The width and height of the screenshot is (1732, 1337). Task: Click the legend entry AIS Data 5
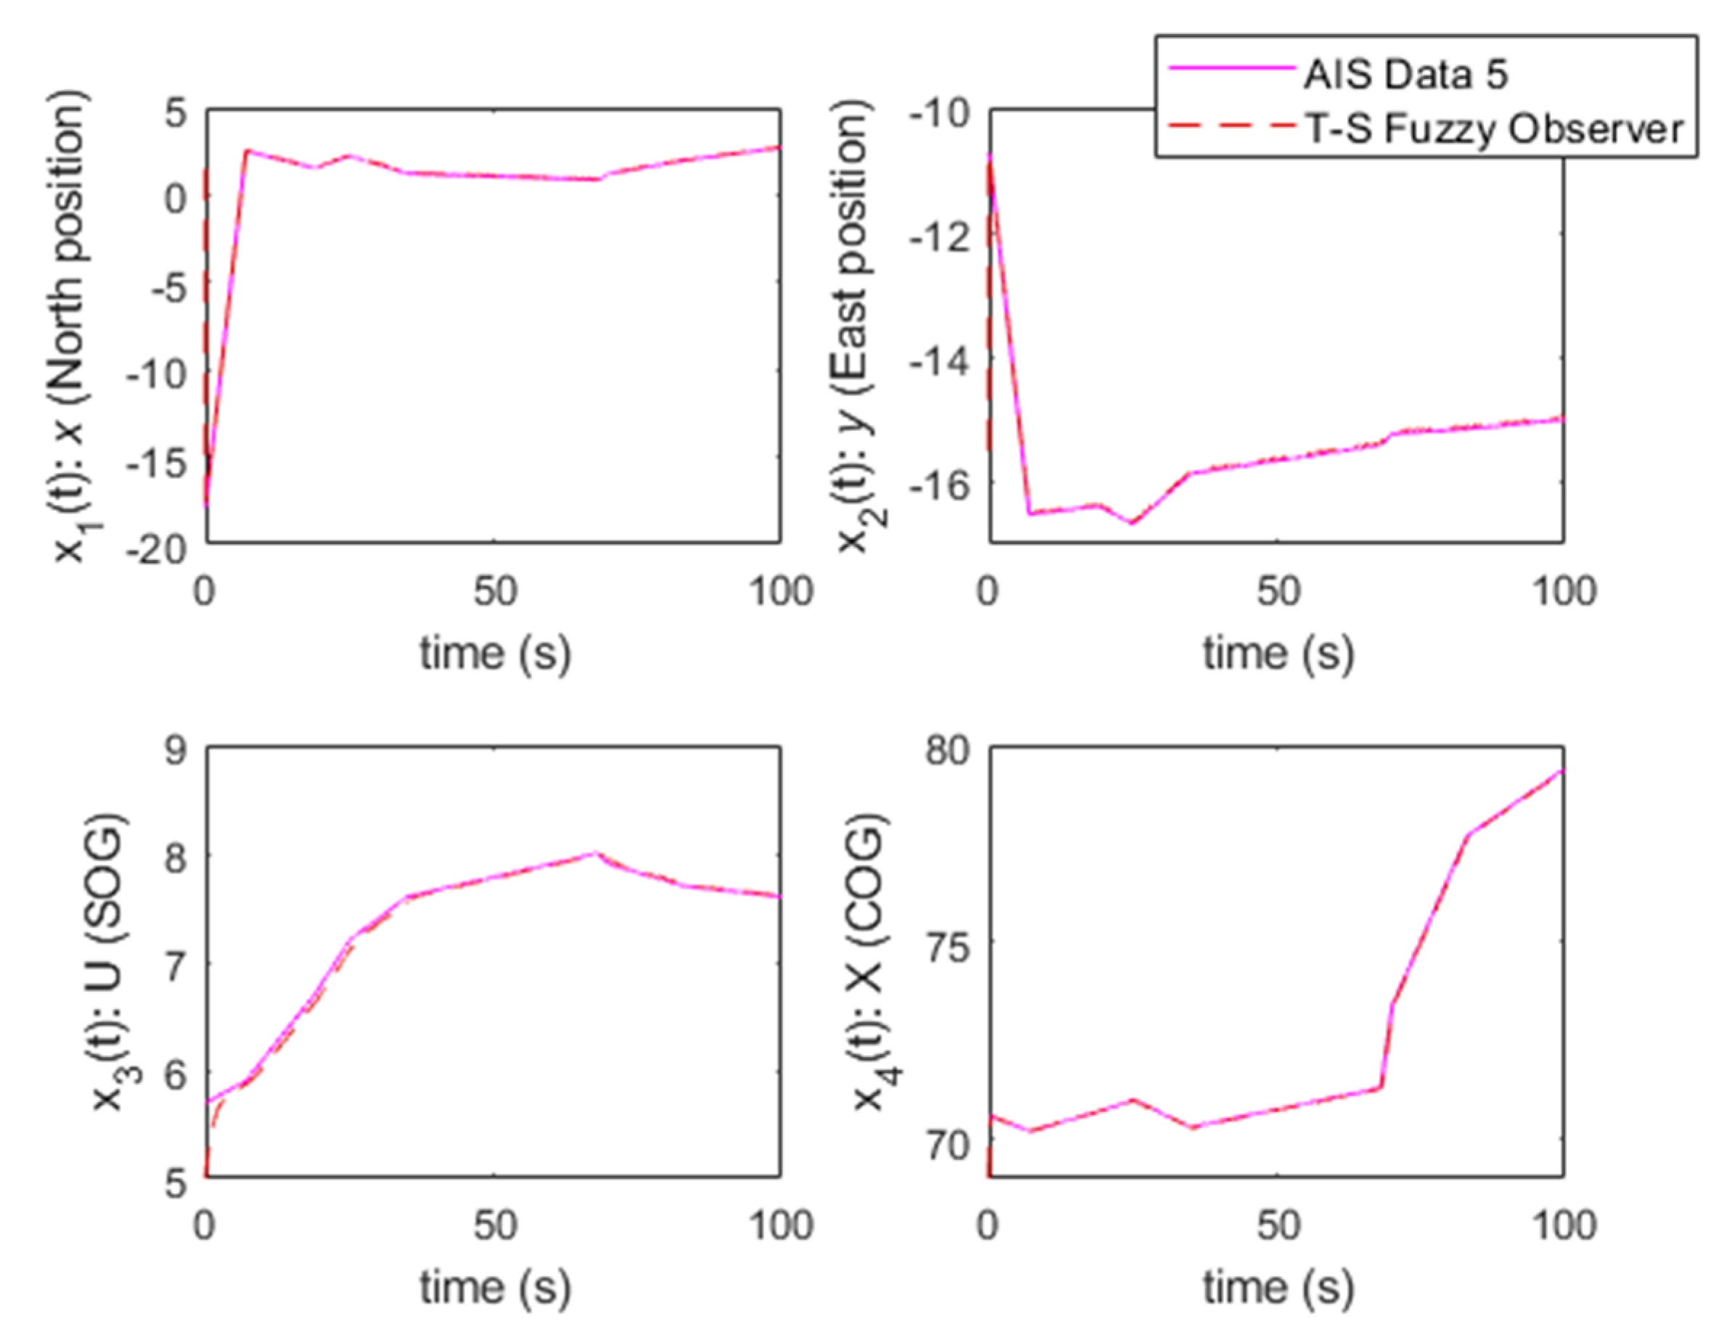(1405, 74)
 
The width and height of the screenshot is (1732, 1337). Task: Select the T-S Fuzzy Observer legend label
(1493, 128)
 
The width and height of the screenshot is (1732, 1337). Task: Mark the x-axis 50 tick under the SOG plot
(494, 1226)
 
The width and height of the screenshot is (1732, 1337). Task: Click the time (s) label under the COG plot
(1278, 1288)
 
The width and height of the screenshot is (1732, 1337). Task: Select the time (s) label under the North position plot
(495, 655)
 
